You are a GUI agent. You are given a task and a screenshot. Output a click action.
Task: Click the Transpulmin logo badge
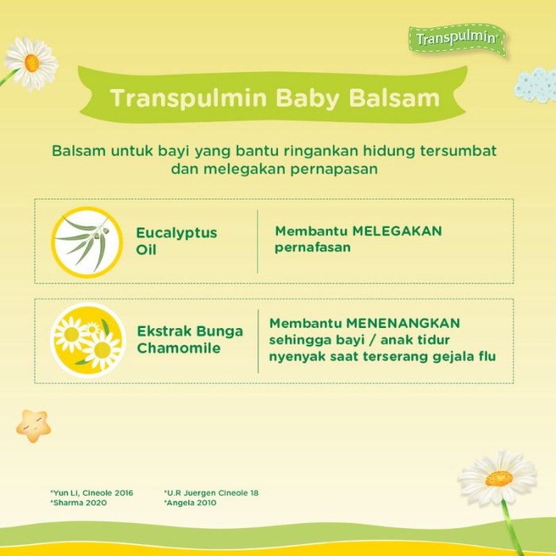(458, 39)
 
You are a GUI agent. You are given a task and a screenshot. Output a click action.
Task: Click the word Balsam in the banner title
(394, 98)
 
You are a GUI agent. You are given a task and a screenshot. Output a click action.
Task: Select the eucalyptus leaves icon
(87, 242)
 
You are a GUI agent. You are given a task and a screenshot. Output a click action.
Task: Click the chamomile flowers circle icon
(88, 341)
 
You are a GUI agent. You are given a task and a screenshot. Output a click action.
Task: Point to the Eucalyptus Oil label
(176, 241)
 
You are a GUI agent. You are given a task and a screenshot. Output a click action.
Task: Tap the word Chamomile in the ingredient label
(179, 348)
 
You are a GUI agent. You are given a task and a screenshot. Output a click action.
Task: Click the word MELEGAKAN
(397, 231)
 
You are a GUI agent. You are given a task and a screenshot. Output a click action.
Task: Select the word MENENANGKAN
(403, 323)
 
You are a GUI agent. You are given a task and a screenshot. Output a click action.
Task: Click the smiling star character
(33, 426)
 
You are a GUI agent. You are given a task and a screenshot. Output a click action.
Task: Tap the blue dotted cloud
(535, 85)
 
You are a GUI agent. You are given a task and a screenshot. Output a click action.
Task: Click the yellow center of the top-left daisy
(32, 63)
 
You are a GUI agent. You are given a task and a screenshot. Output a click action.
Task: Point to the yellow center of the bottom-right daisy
(499, 479)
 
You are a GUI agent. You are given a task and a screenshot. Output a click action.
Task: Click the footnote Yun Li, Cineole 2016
(92, 493)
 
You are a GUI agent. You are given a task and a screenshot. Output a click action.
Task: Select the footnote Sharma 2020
(79, 503)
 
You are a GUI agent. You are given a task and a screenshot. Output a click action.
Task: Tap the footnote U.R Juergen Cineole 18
(211, 493)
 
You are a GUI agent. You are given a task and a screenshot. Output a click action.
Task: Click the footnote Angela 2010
(190, 503)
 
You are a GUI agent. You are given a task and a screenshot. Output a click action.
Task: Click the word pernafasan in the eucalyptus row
(313, 248)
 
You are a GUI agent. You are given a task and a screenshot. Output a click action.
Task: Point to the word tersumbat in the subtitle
(458, 151)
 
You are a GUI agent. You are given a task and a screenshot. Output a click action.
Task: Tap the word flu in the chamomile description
(487, 356)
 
